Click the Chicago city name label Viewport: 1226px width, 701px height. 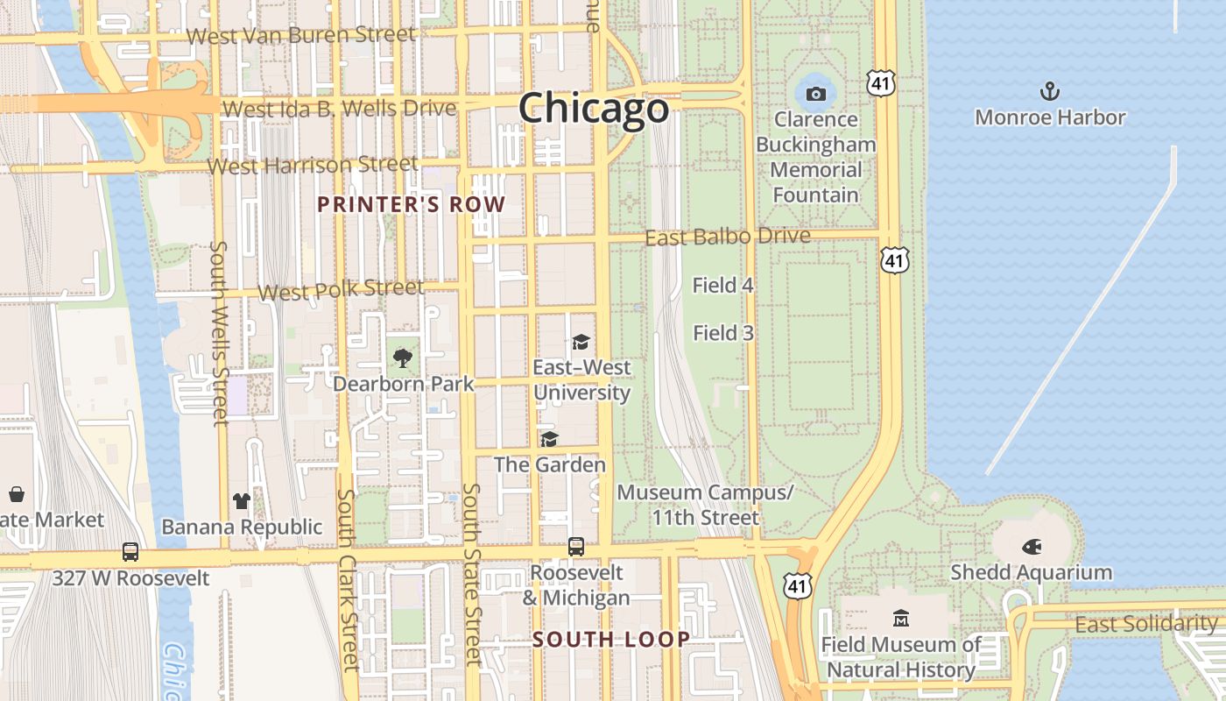[x=594, y=109]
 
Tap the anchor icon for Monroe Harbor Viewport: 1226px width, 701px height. [x=1049, y=91]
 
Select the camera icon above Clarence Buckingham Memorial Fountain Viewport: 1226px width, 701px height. [x=816, y=94]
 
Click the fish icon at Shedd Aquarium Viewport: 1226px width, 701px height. [x=1032, y=547]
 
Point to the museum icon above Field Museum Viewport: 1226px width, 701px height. [x=901, y=619]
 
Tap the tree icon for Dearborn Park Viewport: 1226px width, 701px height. [x=403, y=358]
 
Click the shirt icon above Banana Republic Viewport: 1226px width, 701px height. [x=242, y=501]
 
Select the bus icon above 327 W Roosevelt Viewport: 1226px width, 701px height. [x=130, y=552]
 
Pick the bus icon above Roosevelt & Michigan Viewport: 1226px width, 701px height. [x=576, y=547]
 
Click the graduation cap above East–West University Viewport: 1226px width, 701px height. [x=581, y=342]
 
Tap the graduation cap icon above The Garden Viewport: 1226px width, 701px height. [x=549, y=439]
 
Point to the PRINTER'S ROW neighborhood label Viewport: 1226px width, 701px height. [x=411, y=205]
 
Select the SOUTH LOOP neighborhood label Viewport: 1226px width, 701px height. [x=611, y=640]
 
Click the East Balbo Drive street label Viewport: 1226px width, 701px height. [x=727, y=237]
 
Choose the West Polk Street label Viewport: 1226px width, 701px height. [x=342, y=289]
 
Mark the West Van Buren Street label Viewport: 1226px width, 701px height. [x=301, y=35]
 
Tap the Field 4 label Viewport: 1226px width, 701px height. [x=722, y=285]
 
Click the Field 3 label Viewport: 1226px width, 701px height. [x=722, y=333]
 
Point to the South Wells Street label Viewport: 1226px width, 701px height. [x=220, y=333]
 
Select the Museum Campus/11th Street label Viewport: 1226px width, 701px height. [x=705, y=505]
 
